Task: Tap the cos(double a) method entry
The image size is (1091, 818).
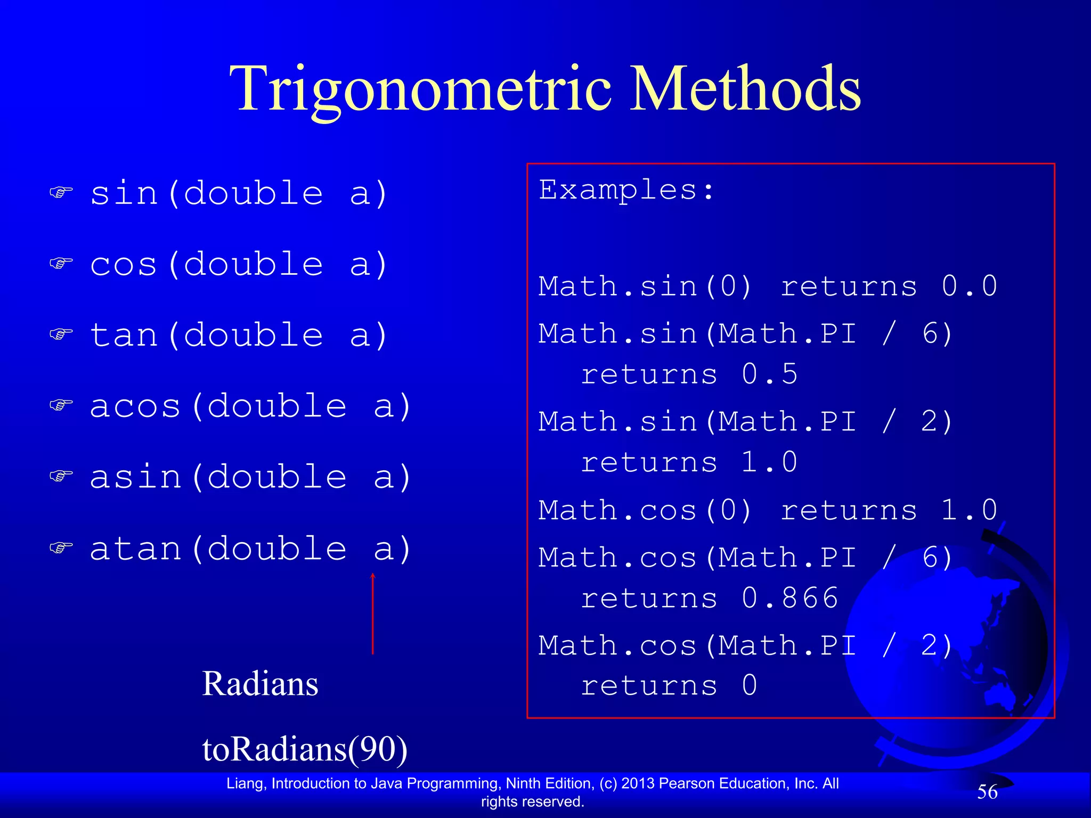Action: click(x=239, y=264)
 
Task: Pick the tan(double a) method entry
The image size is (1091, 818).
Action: click(x=239, y=336)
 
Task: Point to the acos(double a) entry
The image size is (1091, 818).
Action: click(x=250, y=406)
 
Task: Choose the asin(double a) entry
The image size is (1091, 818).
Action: click(x=250, y=477)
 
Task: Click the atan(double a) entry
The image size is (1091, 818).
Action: click(x=250, y=549)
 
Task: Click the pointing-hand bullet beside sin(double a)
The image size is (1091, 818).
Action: click(x=61, y=192)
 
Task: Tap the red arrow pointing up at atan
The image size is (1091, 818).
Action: click(x=373, y=612)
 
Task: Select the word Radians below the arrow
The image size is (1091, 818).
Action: click(x=260, y=684)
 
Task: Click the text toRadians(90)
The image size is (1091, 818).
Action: click(x=305, y=749)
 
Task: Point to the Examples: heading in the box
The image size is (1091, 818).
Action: click(x=626, y=190)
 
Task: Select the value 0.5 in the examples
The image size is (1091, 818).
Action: click(x=770, y=374)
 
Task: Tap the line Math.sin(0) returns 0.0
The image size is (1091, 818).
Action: click(x=767, y=287)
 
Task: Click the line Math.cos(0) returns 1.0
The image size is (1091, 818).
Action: click(x=767, y=511)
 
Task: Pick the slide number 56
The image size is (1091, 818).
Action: click(x=987, y=792)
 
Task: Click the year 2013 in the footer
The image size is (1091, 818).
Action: click(x=637, y=783)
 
